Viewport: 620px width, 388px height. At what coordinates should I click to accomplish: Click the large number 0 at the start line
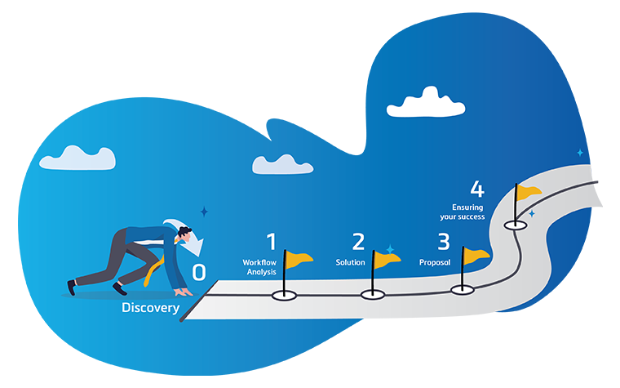tap(199, 273)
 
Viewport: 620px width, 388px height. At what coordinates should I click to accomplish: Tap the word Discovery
tap(150, 308)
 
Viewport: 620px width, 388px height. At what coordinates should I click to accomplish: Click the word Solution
tap(350, 262)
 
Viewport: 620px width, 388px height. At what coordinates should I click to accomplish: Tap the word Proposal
tap(435, 262)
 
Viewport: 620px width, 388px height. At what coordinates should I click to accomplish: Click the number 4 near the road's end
tap(477, 190)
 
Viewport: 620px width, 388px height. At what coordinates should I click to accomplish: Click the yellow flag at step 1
tap(299, 261)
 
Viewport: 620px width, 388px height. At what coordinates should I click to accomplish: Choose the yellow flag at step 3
tap(476, 254)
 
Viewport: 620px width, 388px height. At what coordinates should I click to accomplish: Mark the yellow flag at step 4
tap(529, 192)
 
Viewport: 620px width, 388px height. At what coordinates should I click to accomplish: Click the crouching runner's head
tap(184, 237)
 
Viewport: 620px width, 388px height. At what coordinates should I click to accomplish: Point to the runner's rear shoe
tap(73, 287)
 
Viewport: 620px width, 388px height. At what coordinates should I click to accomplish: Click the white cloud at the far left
tap(77, 158)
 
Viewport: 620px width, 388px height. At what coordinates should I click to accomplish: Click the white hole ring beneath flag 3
tap(462, 288)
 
